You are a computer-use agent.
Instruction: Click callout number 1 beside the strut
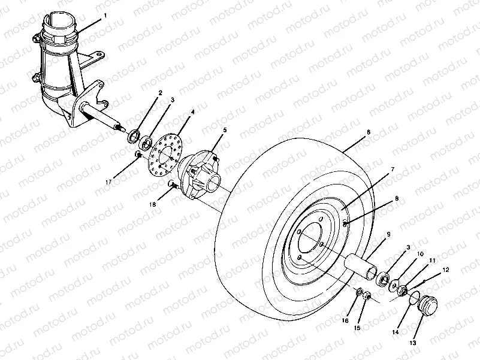point(105,15)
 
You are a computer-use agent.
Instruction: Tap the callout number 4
point(193,111)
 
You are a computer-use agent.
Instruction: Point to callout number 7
point(393,170)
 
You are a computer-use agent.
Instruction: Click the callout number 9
point(388,234)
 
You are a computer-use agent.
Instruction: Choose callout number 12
point(445,270)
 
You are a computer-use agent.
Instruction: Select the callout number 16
point(345,321)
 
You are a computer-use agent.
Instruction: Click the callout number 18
point(152,204)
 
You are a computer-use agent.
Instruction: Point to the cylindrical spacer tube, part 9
point(360,264)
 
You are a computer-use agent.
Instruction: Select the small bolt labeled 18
point(172,184)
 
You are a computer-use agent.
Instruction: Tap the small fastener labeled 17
point(137,156)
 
